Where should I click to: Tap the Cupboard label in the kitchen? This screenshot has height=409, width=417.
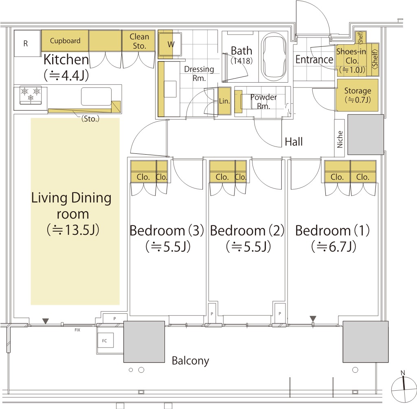(65, 41)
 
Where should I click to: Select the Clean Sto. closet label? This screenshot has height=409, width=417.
(139, 41)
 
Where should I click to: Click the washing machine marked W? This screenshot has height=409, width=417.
(170, 44)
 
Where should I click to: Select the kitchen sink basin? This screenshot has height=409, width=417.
(96, 96)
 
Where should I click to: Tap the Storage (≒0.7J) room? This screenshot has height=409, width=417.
(358, 95)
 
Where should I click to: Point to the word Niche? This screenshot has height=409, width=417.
(340, 139)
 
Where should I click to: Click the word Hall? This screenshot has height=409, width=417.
(294, 142)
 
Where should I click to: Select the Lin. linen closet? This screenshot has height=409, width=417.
(224, 101)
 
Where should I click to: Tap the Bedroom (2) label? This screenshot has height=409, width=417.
(247, 230)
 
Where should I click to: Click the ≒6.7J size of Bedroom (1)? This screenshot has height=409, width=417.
(334, 247)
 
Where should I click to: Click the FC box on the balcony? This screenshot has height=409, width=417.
(105, 341)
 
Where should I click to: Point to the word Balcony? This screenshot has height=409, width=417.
(191, 361)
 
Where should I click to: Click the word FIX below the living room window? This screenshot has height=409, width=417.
(77, 330)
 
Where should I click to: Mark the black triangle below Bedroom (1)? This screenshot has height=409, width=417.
(313, 318)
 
